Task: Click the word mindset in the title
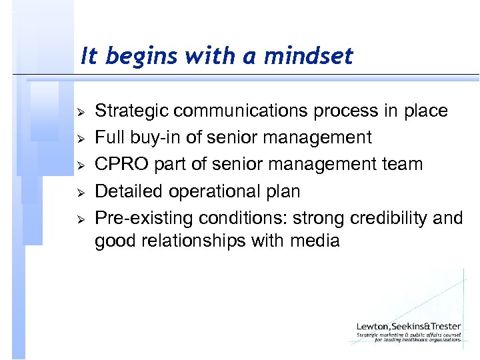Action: [x=308, y=57]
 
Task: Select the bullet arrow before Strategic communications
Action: [x=79, y=111]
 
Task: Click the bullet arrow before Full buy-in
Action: [x=79, y=138]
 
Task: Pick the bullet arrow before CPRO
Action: [x=79, y=165]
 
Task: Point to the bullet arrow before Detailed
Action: [x=79, y=192]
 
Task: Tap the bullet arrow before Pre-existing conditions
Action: [x=79, y=219]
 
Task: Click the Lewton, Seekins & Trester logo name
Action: [x=408, y=326]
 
